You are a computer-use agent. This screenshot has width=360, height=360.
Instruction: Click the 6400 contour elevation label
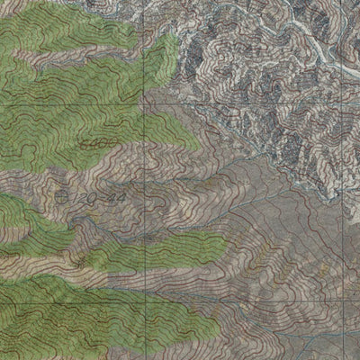(94, 143)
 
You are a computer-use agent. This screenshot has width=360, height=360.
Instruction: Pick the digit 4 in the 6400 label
(90, 143)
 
